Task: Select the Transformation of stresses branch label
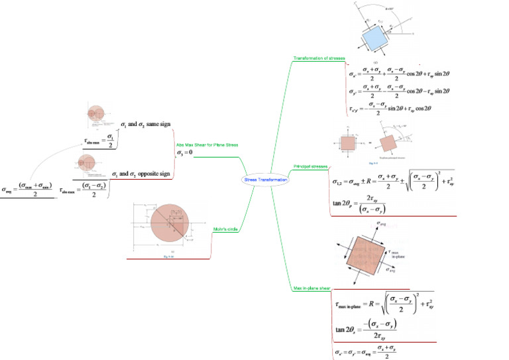[x=318, y=58]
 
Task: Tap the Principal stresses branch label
[x=310, y=166]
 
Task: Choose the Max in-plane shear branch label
[x=312, y=288]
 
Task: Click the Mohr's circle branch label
[x=225, y=229]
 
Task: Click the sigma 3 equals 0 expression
[x=184, y=153]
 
